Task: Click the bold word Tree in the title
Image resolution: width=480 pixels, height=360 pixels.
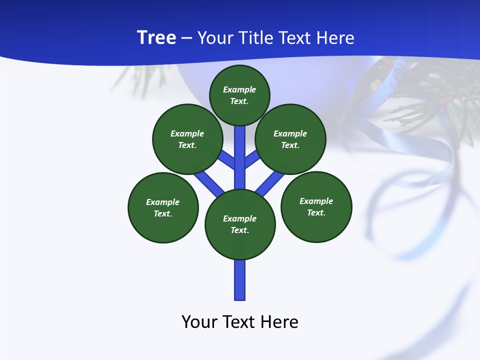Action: click(156, 38)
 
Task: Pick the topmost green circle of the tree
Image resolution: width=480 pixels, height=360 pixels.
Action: click(239, 95)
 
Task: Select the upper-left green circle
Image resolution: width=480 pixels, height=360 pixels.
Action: click(187, 139)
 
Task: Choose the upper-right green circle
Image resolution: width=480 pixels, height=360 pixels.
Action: click(290, 139)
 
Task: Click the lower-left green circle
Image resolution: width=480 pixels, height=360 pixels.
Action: click(163, 207)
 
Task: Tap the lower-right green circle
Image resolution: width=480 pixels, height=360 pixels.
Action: click(316, 206)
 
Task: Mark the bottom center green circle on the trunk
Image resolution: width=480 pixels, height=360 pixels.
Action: click(240, 224)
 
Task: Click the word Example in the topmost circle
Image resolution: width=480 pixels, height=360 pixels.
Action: click(239, 89)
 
